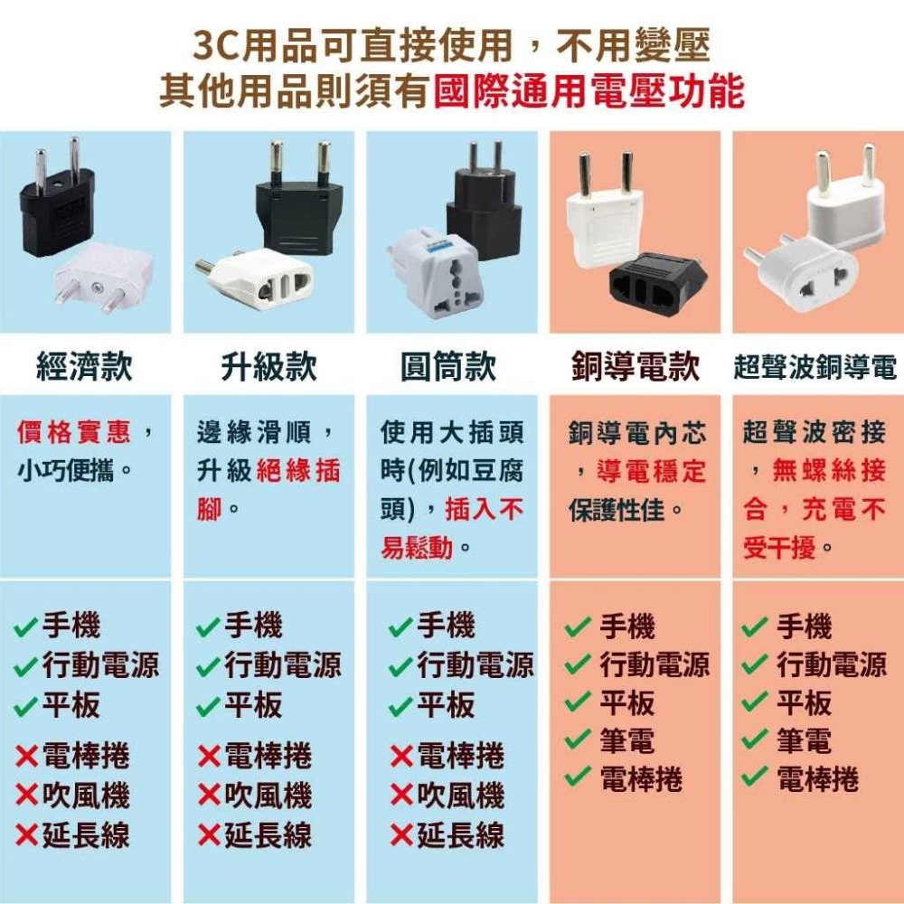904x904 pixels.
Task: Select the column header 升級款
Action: [x=268, y=367]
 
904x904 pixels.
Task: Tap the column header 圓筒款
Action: [x=448, y=367]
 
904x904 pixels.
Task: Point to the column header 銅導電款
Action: [x=636, y=367]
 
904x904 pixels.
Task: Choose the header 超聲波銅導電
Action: [x=815, y=368]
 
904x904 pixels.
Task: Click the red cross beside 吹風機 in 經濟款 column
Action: [x=27, y=796]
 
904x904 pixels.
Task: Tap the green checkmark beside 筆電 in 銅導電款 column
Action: [x=577, y=739]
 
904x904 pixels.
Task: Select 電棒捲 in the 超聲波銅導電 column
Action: [x=817, y=778]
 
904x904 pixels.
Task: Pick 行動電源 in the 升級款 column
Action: [x=283, y=665]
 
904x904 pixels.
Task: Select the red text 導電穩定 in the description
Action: [x=651, y=471]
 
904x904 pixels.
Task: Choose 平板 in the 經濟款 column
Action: [x=71, y=705]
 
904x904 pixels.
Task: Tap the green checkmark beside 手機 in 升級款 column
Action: [x=210, y=626]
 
